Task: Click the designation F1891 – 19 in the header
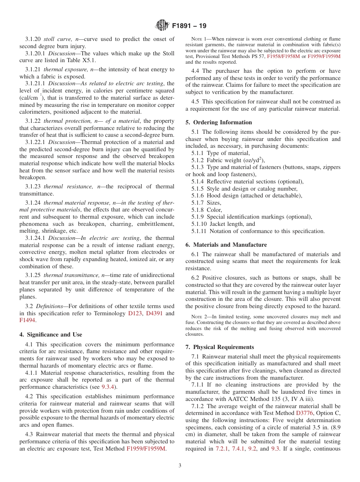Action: point(189,26)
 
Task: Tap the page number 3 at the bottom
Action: point(180,465)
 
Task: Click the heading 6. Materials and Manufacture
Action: point(226,245)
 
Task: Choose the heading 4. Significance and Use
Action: point(51,335)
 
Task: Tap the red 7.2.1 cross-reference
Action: point(222,449)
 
